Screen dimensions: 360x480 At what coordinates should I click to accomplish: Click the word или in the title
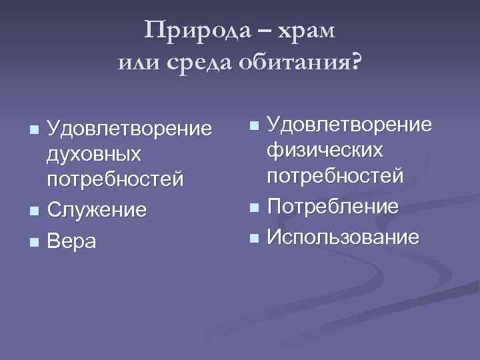139,63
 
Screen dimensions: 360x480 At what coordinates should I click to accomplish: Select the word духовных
94,153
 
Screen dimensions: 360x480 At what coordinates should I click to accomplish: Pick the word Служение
97,211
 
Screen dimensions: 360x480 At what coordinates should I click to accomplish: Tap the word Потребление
333,206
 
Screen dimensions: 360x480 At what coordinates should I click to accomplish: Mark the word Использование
343,236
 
